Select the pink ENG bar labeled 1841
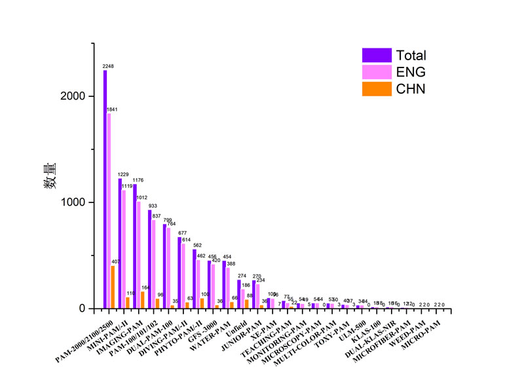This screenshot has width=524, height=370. click(109, 210)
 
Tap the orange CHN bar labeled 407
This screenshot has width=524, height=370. click(113, 286)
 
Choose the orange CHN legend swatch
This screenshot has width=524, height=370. click(377, 88)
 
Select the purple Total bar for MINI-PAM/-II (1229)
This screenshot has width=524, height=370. click(120, 243)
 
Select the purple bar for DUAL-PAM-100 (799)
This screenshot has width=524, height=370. click(164, 266)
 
